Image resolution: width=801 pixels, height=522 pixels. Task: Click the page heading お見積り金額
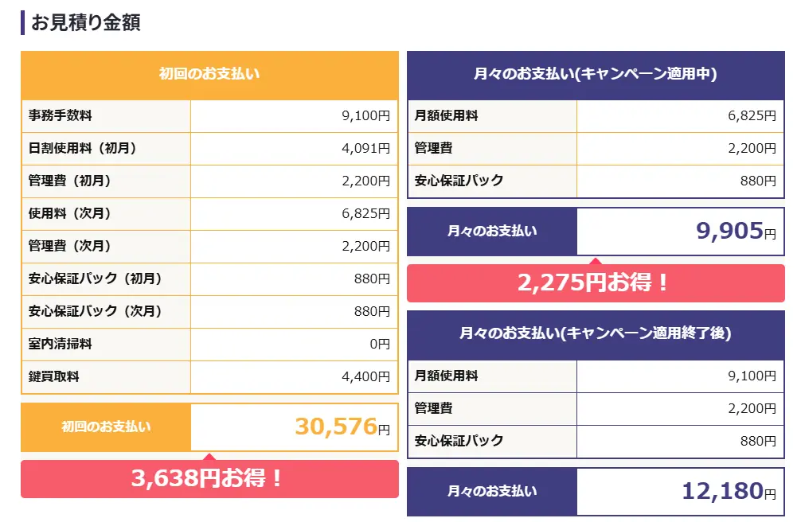click(85, 22)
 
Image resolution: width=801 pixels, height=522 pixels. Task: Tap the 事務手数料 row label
click(61, 115)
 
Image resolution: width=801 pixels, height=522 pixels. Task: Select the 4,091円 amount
click(366, 148)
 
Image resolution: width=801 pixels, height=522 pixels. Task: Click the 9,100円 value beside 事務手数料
click(366, 115)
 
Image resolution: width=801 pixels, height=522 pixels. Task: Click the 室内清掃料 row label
click(61, 344)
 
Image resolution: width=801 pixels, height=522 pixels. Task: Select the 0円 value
click(379, 344)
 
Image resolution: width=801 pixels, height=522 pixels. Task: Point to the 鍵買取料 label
click(54, 376)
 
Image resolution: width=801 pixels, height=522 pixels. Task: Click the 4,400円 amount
click(366, 376)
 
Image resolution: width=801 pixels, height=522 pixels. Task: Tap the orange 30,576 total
click(335, 427)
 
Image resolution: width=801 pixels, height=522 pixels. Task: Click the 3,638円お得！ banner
click(209, 478)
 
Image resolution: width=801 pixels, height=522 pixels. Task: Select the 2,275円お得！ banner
click(595, 282)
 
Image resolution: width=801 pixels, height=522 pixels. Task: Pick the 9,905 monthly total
click(729, 231)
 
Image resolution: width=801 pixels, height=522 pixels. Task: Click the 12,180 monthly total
click(722, 491)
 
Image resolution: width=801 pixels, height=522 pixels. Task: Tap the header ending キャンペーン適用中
click(596, 74)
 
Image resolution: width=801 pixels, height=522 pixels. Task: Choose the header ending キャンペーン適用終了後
click(596, 333)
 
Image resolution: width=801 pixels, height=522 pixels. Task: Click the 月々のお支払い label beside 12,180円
click(491, 491)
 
